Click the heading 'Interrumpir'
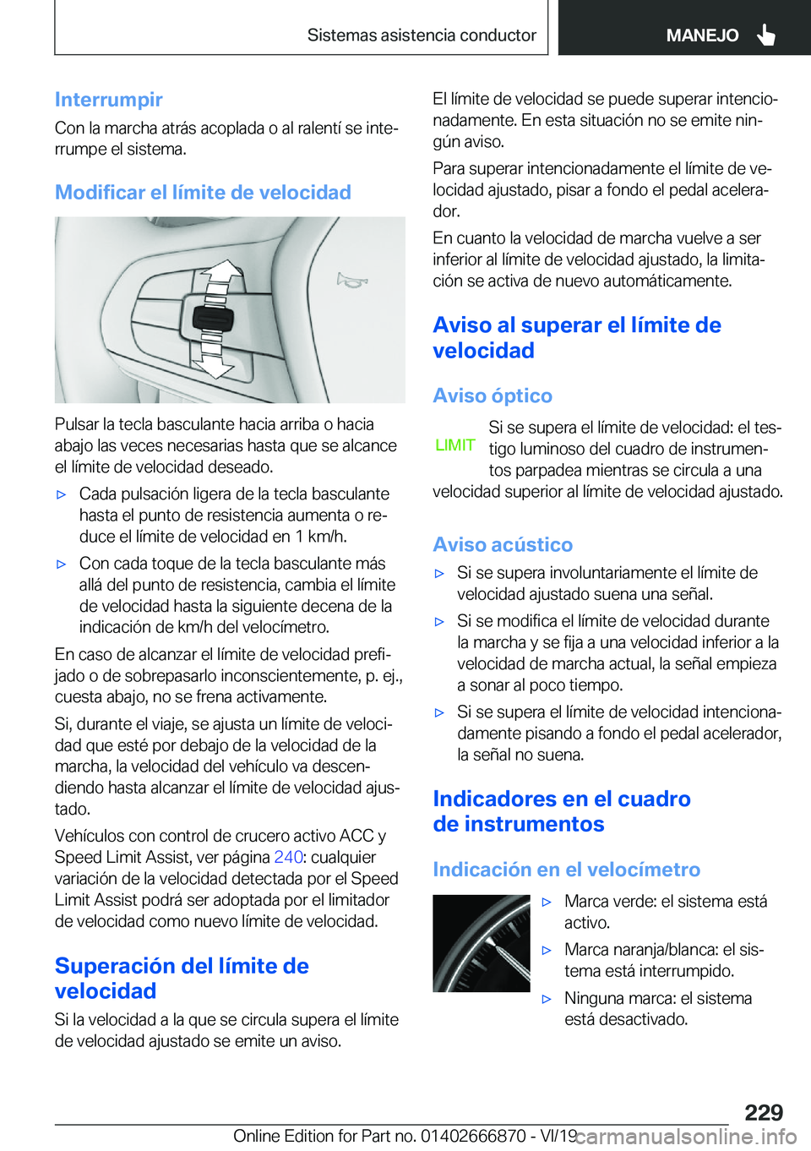(x=108, y=100)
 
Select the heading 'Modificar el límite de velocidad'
(x=203, y=193)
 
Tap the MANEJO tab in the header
(x=702, y=35)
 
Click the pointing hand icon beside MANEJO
(x=766, y=35)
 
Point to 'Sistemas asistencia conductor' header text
(x=422, y=35)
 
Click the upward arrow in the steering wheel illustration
(x=220, y=275)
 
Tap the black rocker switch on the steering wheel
(x=213, y=319)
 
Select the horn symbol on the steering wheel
(x=351, y=280)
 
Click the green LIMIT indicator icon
(x=455, y=445)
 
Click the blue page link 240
(x=288, y=857)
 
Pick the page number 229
(x=764, y=1112)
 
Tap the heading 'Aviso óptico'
(x=493, y=396)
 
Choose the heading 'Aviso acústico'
(x=503, y=545)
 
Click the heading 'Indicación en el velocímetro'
(x=566, y=870)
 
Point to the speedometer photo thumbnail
(x=482, y=943)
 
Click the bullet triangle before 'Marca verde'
(x=547, y=903)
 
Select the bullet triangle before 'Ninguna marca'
(x=547, y=999)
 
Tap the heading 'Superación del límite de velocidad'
(x=182, y=979)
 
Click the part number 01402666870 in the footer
(x=473, y=1137)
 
